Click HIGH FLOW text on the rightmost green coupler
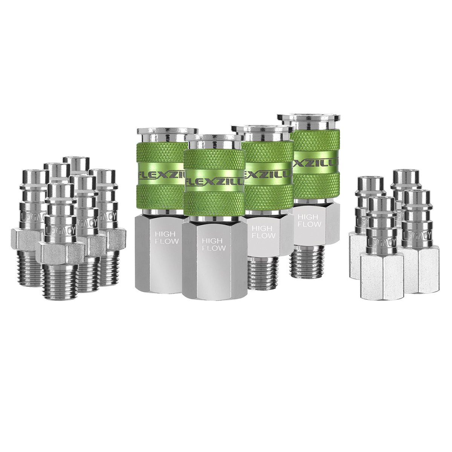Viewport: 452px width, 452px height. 309,220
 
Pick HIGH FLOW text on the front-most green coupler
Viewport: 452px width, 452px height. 214,244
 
